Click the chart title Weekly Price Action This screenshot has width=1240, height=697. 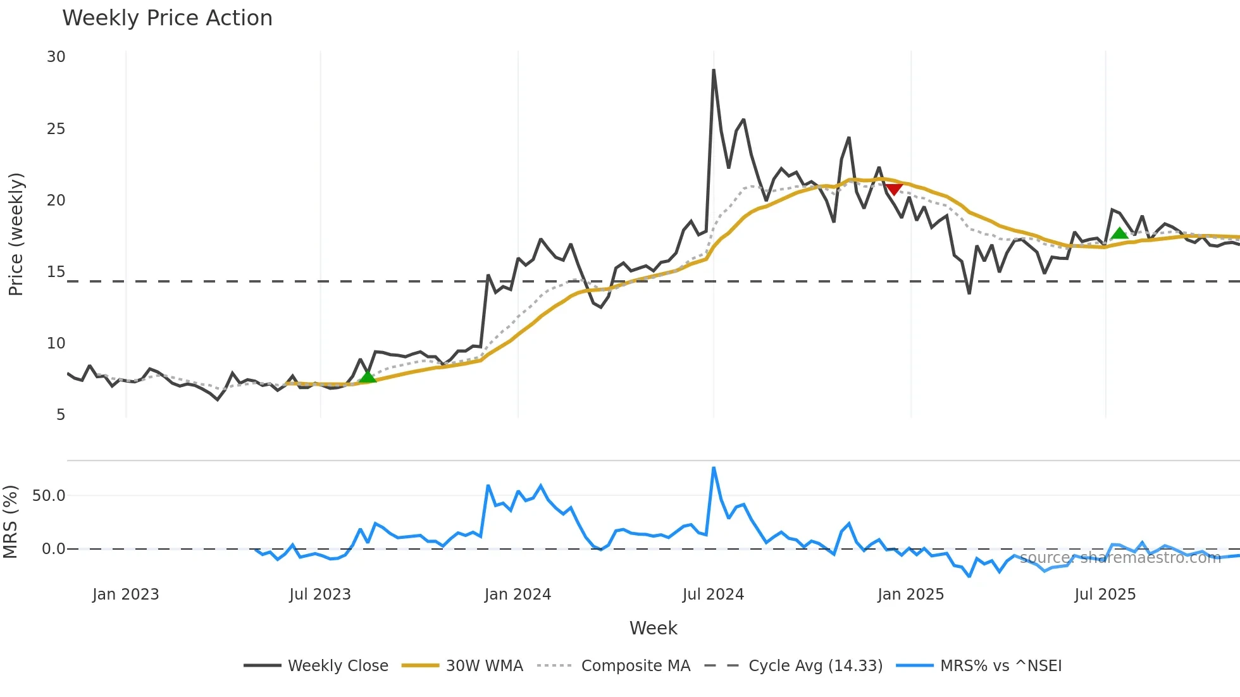coord(167,18)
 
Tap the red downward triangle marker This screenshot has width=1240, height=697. coord(893,189)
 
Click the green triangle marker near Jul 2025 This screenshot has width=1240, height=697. coord(1119,233)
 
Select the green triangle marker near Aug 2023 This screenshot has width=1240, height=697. coord(367,377)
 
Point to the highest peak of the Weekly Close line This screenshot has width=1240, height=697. coord(714,70)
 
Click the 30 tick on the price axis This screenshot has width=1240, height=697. coord(56,57)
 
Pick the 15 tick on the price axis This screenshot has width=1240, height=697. coord(56,272)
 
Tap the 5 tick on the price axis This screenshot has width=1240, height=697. coord(61,415)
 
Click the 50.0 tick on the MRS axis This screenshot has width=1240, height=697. coord(49,496)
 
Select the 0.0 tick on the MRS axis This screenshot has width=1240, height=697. coord(53,549)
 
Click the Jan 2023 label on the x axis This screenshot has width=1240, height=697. coord(125,595)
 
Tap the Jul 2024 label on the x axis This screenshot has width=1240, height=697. coord(713,595)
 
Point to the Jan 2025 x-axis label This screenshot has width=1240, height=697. coord(910,595)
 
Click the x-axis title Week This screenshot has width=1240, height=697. coord(653,628)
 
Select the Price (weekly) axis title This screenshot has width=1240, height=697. coord(16,234)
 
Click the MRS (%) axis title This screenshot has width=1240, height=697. coord(10,522)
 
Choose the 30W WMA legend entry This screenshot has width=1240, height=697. coord(484,666)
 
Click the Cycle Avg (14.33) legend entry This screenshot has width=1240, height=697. coord(815,666)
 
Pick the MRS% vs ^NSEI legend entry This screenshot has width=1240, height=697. coord(1000,666)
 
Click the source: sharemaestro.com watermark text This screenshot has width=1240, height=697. coord(1120,558)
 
